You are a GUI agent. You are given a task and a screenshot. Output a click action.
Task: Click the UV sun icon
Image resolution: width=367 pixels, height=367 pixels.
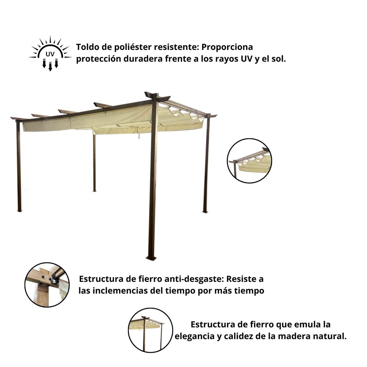pos(50,54)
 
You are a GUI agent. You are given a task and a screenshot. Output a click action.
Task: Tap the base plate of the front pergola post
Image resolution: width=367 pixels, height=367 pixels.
pos(151,258)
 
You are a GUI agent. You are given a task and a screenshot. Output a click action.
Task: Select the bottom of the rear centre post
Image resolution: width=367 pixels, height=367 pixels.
pos(94,190)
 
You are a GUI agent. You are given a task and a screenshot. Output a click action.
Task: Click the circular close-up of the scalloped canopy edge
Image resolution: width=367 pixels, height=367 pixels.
pos(250,161)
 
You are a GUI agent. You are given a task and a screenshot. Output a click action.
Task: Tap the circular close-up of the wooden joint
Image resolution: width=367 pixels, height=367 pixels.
pos(47,284)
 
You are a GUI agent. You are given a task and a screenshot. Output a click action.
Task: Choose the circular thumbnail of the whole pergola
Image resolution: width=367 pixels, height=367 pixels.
pos(150,330)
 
